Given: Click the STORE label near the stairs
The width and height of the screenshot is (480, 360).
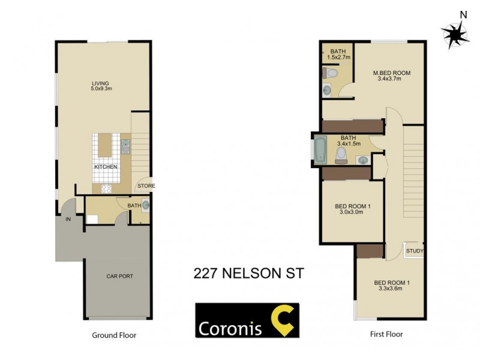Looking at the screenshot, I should tap(146, 186).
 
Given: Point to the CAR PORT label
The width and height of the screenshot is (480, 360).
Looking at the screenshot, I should tap(119, 276).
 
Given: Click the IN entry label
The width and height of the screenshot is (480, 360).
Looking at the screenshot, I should tap(68, 220).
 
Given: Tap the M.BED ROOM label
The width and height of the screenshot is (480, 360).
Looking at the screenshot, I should tap(391, 73).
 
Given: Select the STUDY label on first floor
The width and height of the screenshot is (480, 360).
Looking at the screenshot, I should tap(415, 251).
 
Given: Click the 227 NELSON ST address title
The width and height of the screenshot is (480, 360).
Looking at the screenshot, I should tap(248, 273).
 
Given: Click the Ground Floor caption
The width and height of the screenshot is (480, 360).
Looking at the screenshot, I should tap(113, 335).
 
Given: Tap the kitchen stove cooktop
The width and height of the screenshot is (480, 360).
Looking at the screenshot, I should tap(106, 188).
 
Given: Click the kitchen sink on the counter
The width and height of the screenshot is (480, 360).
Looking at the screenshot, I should tap(125, 145).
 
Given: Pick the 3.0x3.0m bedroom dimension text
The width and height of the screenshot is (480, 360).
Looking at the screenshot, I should tap(352, 212).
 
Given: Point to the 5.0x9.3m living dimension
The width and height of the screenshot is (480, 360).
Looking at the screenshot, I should tap(101, 89).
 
